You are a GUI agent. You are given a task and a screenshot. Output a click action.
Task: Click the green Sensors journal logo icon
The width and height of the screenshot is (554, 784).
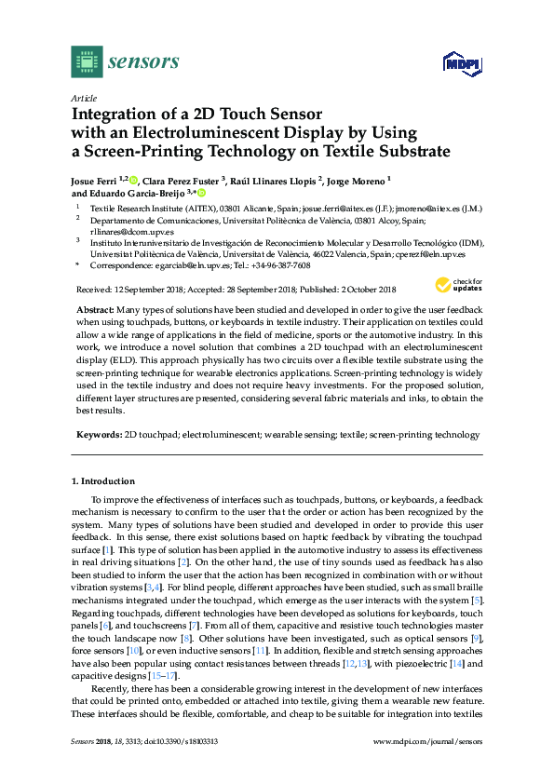click(x=86, y=62)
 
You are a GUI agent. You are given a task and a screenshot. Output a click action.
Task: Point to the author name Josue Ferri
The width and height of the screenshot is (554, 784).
click(x=95, y=180)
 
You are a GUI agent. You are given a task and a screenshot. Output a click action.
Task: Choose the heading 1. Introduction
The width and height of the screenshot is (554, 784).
click(x=103, y=481)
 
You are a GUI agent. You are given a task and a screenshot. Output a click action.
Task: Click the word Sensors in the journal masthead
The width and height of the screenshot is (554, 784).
click(x=144, y=62)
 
